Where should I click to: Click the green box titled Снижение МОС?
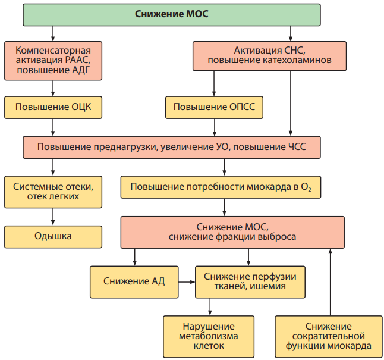click(172, 15)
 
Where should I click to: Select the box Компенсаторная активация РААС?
click(53, 61)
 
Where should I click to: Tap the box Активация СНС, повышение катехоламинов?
click(269, 56)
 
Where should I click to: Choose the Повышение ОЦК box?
click(53, 108)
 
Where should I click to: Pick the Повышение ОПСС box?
click(214, 108)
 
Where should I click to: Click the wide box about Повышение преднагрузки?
click(172, 148)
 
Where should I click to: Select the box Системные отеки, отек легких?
click(53, 192)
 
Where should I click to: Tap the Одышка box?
click(53, 237)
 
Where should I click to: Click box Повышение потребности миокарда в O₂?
click(221, 187)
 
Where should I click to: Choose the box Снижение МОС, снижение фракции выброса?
click(232, 232)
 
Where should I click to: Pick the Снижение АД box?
click(134, 282)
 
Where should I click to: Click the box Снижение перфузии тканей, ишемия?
click(250, 282)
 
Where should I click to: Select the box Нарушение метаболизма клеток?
click(209, 336)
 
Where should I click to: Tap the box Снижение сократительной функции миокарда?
click(329, 336)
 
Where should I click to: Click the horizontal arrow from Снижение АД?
click(187, 282)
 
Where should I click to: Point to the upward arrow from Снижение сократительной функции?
click(330, 282)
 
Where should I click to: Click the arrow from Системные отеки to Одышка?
click(53, 217)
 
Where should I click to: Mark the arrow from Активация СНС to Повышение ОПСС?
click(214, 84)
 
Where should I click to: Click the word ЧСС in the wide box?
click(296, 147)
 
